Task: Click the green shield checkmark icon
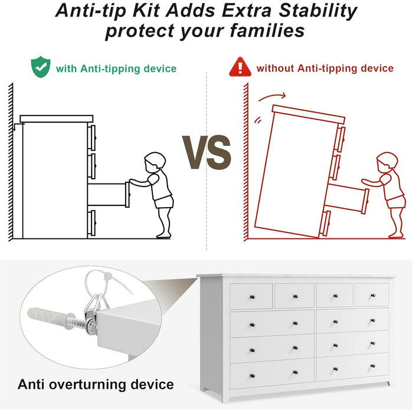(41, 67)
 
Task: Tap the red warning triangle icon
(240, 67)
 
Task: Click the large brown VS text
(206, 152)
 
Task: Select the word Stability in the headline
(317, 11)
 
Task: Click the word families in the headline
(267, 30)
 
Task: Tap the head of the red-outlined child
(387, 162)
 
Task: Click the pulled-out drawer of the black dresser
(109, 195)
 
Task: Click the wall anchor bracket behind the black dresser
(17, 127)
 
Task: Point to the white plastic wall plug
(51, 318)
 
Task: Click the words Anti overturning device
(96, 384)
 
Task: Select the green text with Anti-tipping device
(116, 69)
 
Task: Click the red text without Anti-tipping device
(325, 68)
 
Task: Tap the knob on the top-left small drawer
(253, 297)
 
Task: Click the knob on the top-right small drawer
(373, 296)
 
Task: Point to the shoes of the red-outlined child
(396, 235)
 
